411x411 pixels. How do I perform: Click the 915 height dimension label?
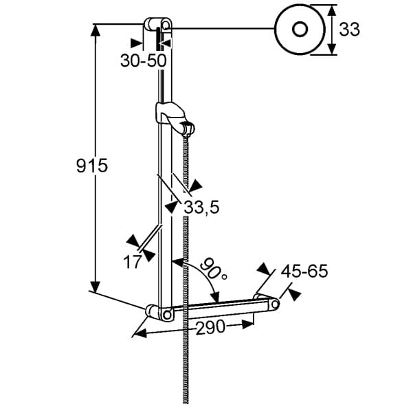[x=92, y=166]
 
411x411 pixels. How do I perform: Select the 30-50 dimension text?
[x=144, y=60]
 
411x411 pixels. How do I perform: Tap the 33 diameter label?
[x=349, y=29]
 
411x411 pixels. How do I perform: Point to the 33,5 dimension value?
[x=201, y=207]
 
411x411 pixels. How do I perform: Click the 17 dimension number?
[x=133, y=261]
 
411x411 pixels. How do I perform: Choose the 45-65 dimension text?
[x=304, y=271]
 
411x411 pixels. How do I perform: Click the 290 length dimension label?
[x=210, y=327]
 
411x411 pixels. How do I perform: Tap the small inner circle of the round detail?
[x=300, y=30]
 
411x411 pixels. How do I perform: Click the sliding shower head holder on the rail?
[x=175, y=118]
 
